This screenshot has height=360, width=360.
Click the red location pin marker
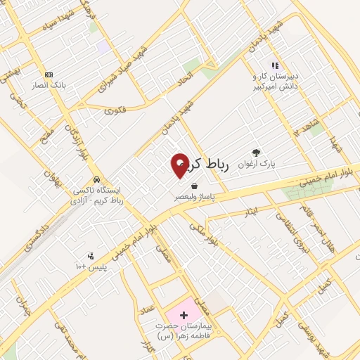pos(180,165)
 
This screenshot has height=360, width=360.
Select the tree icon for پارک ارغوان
pos(255,153)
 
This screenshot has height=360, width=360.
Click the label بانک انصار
pos(48,84)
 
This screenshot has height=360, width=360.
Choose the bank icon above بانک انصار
pos(49,74)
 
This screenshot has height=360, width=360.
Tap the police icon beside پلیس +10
pos(91,256)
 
